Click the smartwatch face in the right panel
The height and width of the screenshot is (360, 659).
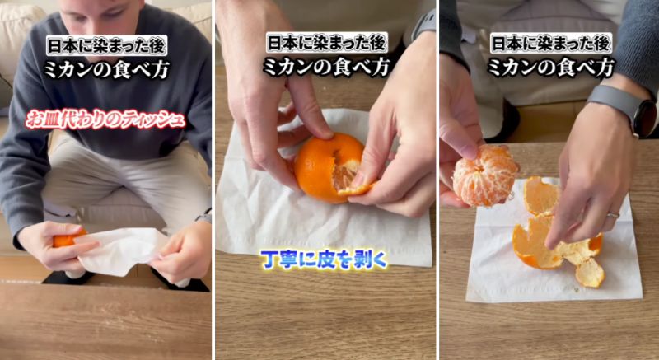643,116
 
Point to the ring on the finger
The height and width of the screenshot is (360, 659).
612,216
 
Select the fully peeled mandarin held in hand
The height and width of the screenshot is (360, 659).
485,175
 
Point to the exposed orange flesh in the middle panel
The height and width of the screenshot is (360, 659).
345,174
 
